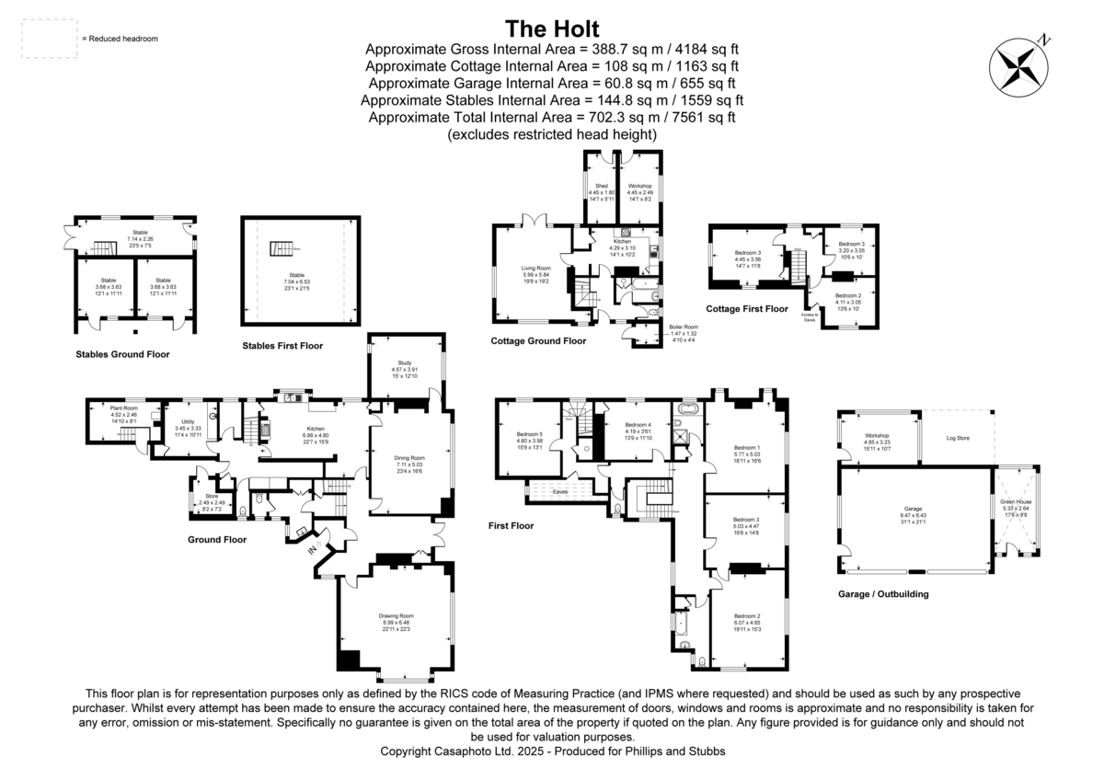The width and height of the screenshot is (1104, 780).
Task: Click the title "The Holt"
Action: point(551,26)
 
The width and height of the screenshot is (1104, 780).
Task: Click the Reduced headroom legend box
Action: point(49,39)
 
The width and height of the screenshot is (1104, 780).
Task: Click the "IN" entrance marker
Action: point(311,550)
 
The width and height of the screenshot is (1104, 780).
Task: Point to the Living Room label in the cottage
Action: point(535,269)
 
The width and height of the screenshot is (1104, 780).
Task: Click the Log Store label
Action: point(958,438)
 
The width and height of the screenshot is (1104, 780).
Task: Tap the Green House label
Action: point(1017,501)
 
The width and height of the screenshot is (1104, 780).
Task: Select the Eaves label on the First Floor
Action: point(559,492)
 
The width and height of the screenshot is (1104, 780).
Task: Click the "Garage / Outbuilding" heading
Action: point(883,594)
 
